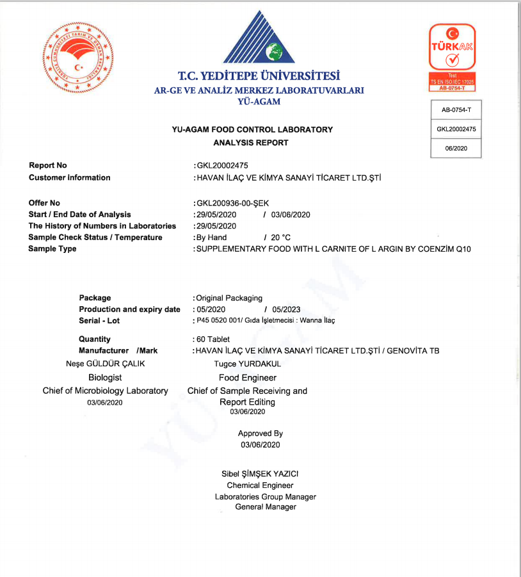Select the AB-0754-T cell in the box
pyautogui.click(x=456, y=110)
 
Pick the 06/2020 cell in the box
pyautogui.click(x=456, y=148)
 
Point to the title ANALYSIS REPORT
pyautogui.click(x=251, y=143)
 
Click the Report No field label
pyautogui.click(x=48, y=166)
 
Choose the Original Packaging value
pyautogui.click(x=229, y=298)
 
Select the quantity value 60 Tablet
pyautogui.click(x=212, y=339)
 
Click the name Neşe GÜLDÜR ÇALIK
pyautogui.click(x=101, y=363)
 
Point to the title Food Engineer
pyautogui.click(x=248, y=378)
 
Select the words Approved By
pyautogui.click(x=260, y=434)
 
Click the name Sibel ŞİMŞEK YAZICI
pyautogui.click(x=260, y=474)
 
